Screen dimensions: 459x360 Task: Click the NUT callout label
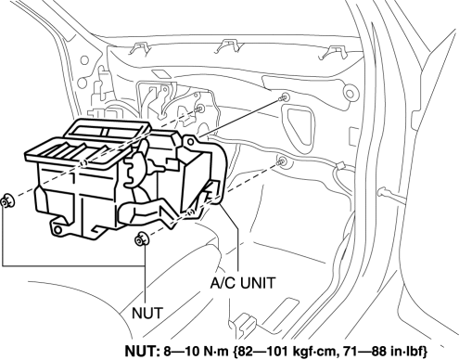147,313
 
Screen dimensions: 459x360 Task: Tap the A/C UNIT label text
242,283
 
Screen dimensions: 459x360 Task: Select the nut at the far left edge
7,200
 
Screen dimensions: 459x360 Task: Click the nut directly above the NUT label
142,238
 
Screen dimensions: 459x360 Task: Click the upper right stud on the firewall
283,98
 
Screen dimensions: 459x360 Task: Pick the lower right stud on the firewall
282,161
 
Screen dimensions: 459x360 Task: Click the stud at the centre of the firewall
200,109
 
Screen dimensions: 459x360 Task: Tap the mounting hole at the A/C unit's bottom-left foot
57,230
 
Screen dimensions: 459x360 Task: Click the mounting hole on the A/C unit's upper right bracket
191,142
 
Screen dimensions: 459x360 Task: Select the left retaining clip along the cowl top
140,48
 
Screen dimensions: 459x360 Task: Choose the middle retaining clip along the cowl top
228,46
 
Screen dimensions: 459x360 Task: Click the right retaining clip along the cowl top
333,52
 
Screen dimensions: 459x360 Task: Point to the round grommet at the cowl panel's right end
350,94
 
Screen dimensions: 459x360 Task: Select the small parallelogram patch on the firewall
159,75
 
